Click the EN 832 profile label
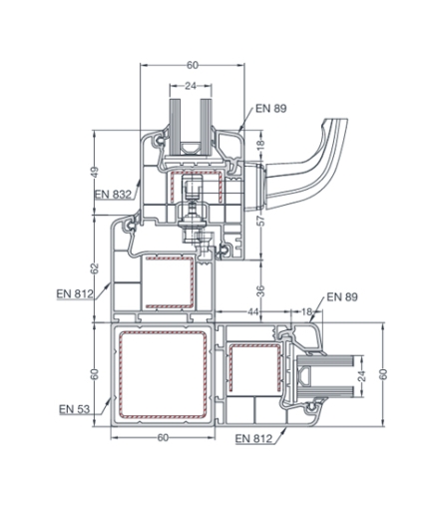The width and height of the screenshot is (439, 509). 113,194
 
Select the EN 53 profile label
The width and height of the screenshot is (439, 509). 74,409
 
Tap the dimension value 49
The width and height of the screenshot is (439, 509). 95,172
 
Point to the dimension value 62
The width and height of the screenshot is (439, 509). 95,268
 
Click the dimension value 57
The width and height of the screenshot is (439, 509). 261,221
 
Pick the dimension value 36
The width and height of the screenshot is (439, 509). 261,291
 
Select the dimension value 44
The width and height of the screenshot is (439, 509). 253,311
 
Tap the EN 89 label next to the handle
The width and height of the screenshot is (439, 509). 270,109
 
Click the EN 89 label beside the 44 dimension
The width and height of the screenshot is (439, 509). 342,296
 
